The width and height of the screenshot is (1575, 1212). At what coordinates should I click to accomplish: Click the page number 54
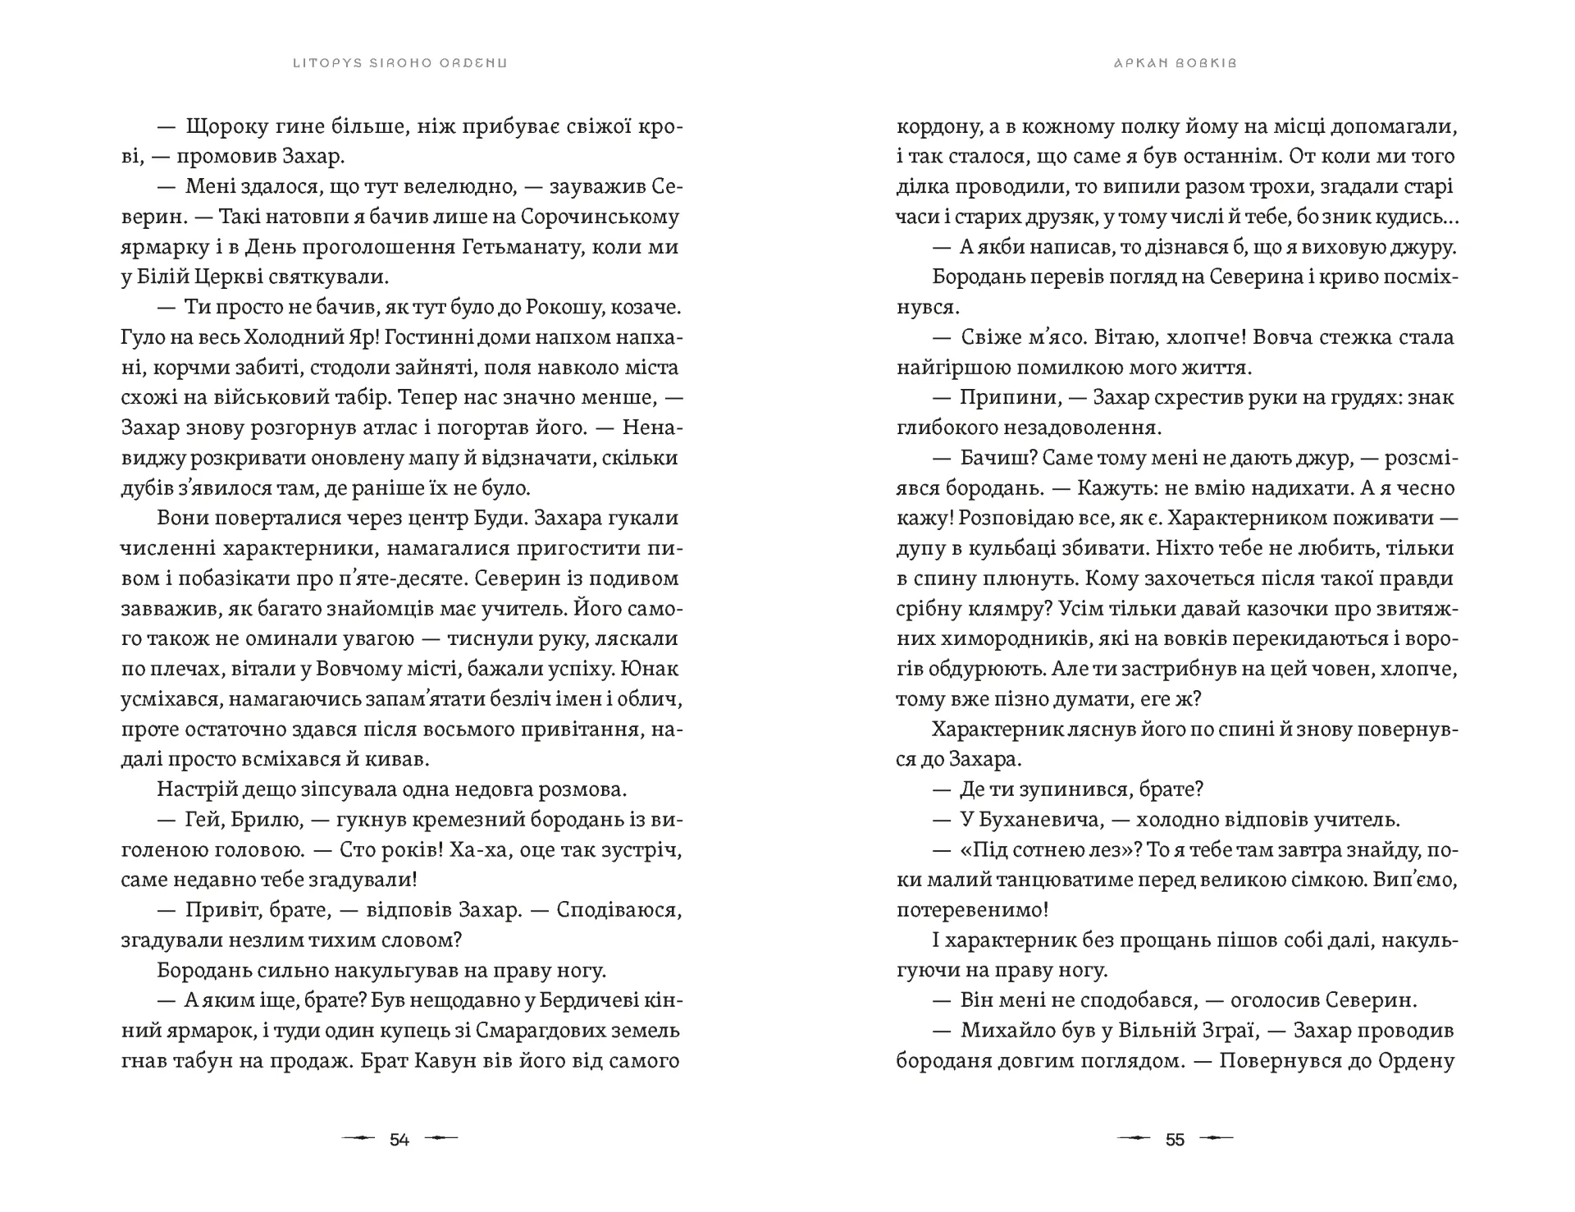(399, 1139)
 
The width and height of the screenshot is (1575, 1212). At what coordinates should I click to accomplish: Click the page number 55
(1175, 1139)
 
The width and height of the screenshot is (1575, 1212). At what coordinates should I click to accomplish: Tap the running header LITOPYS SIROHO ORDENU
(399, 63)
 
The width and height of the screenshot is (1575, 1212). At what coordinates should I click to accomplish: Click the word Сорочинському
(596, 217)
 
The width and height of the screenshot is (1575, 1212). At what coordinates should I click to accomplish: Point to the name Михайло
(1002, 1031)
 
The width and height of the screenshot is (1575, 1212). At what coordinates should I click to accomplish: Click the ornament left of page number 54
(358, 1139)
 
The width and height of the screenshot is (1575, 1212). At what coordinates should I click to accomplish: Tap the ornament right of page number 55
(1216, 1139)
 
